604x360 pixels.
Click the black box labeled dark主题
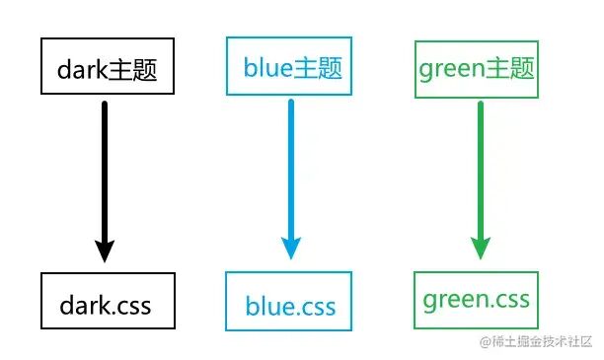pyautogui.click(x=108, y=68)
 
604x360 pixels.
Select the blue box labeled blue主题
pyautogui.click(x=289, y=67)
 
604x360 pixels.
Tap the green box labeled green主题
pyautogui.click(x=477, y=69)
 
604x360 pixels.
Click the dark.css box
pyautogui.click(x=108, y=301)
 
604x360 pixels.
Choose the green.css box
pyautogui.click(x=477, y=299)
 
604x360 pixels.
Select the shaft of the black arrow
pyautogui.click(x=106, y=168)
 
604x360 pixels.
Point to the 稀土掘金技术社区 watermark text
pyautogui.click(x=540, y=342)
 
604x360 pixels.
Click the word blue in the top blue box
pyautogui.click(x=267, y=69)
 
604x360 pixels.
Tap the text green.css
pyautogui.click(x=477, y=299)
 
